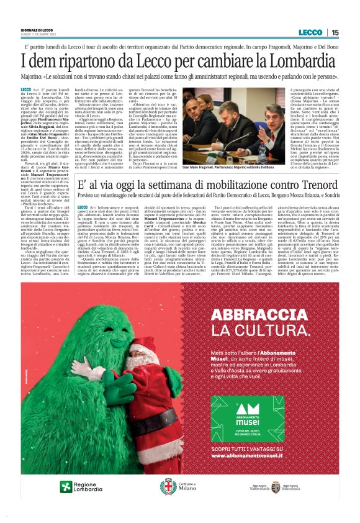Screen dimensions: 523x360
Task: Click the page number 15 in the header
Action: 335,32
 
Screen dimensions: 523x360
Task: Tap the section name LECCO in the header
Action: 310,32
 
